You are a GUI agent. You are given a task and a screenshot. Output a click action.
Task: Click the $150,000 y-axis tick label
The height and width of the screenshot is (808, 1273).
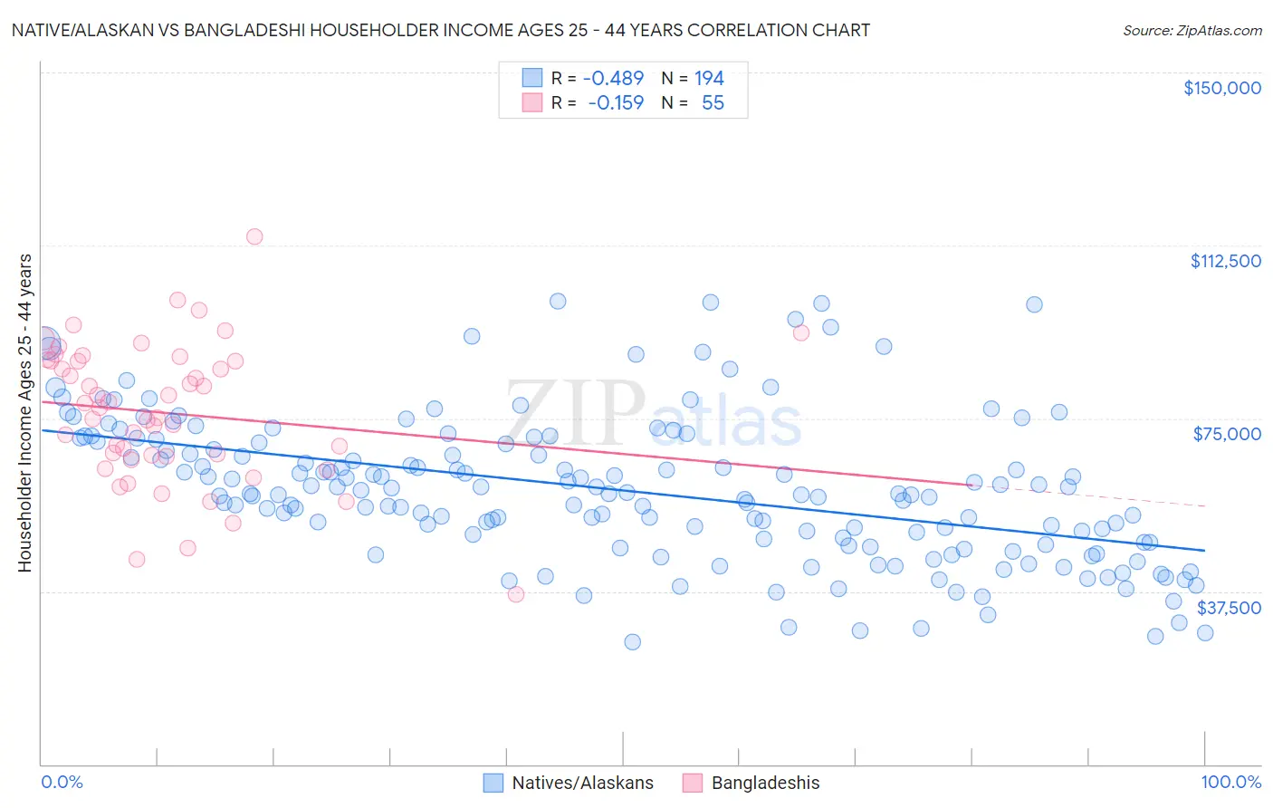tap(1221, 88)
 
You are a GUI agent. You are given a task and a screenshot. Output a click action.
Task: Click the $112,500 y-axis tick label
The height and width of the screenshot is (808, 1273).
tap(1225, 261)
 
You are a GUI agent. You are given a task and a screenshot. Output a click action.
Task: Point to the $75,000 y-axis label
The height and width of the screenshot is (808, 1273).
tap(1227, 434)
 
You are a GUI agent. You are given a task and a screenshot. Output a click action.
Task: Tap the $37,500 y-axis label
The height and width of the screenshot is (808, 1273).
tap(1229, 608)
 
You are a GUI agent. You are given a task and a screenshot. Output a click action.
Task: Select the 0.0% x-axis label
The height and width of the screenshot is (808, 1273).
tap(62, 783)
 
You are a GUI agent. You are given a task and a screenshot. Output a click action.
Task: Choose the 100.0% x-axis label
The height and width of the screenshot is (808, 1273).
tap(1230, 783)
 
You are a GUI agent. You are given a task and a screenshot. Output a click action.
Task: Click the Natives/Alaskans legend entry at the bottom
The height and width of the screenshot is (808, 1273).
tap(582, 783)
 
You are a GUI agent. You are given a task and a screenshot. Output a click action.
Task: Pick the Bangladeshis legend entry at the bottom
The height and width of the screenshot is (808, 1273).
tap(765, 783)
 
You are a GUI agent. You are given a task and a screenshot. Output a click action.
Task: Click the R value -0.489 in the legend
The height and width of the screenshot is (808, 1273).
tap(613, 79)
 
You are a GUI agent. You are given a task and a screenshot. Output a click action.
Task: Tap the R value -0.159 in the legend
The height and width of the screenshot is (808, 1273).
tap(616, 103)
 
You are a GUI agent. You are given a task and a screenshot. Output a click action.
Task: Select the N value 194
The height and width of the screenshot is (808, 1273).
tap(709, 79)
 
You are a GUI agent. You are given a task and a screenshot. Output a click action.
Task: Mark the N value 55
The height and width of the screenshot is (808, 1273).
tap(713, 103)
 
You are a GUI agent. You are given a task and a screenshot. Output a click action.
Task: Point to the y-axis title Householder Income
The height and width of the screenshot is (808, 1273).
tap(24, 412)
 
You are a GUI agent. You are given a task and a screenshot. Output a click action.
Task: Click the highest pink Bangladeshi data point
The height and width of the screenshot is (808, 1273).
tap(254, 236)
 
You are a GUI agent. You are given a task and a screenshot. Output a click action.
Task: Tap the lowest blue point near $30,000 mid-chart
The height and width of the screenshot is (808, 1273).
tap(632, 642)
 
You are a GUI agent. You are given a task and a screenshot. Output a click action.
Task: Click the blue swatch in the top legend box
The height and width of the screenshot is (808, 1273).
tap(531, 79)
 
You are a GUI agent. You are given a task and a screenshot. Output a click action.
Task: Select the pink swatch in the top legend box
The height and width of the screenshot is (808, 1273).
tap(531, 103)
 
